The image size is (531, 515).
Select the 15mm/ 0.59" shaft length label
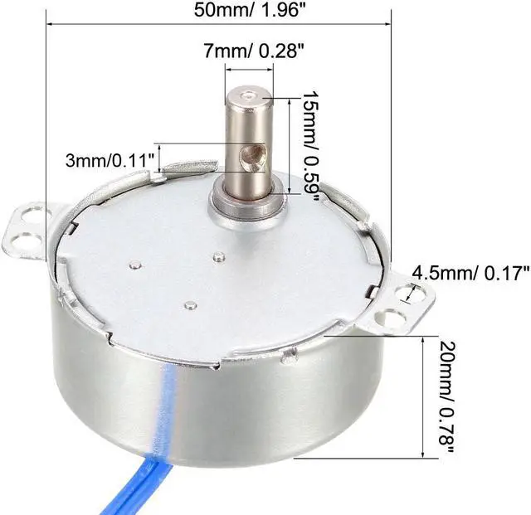tap(310, 144)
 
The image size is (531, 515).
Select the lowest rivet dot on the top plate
tap(191, 304)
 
